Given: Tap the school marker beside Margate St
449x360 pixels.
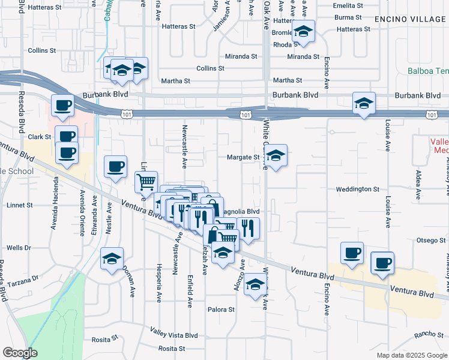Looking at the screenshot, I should pos(276,157).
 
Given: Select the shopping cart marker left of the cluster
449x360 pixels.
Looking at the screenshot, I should pos(146,182).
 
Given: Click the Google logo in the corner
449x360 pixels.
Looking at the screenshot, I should pos(20,353).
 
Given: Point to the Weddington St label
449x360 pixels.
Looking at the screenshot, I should pos(358,189).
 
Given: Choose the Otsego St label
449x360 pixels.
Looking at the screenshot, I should pos(430,241).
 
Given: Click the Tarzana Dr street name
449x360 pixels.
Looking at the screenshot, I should pos(22,278).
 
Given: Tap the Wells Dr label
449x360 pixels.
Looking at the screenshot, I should pos(19,248).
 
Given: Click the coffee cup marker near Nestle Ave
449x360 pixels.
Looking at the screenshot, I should pos(115,167).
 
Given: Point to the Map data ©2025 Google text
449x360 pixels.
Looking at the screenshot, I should pos(411,355).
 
